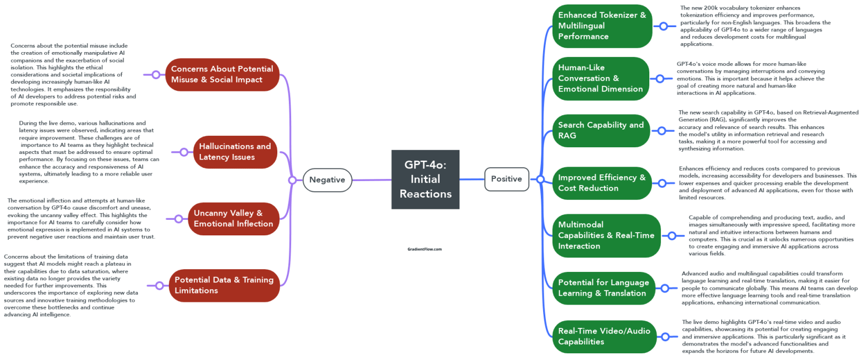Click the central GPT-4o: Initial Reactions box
[x=425, y=179]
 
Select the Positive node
[x=507, y=179]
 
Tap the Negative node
[x=327, y=179]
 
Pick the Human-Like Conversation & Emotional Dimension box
[x=601, y=78]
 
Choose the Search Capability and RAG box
[x=601, y=130]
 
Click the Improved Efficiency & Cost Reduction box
[x=602, y=183]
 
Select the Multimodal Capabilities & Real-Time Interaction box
[x=606, y=235]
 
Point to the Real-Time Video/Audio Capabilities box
[x=604, y=336]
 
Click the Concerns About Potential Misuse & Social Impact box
[x=222, y=74]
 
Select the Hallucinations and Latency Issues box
[x=235, y=152]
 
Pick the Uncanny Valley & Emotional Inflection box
[x=233, y=218]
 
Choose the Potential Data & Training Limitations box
[x=224, y=285]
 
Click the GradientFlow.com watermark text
[x=425, y=249]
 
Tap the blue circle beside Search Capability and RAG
[x=662, y=131]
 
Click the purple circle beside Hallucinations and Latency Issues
[x=184, y=152]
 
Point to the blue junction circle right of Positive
[x=540, y=179]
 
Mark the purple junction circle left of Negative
[x=292, y=180]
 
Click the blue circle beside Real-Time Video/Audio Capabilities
[x=665, y=336]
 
